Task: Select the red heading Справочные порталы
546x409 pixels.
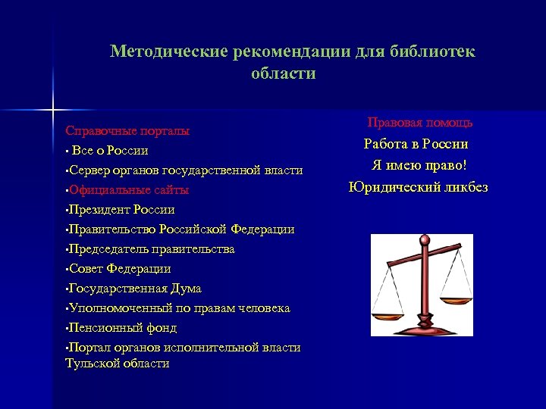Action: click(x=127, y=131)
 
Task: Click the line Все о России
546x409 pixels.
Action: click(x=110, y=151)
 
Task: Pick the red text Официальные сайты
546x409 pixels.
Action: click(x=129, y=190)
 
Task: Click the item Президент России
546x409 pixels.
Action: click(x=122, y=210)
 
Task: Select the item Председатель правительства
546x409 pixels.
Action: click(x=152, y=249)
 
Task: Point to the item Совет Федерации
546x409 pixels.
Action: click(x=120, y=269)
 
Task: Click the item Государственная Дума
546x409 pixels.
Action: click(x=135, y=289)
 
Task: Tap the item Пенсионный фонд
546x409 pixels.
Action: click(x=123, y=328)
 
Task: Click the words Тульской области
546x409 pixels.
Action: click(x=118, y=364)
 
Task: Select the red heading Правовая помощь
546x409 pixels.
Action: click(x=420, y=122)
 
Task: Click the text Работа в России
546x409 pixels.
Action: click(x=416, y=144)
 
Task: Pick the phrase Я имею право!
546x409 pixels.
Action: click(x=419, y=165)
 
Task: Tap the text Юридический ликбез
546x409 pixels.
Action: click(x=419, y=187)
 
